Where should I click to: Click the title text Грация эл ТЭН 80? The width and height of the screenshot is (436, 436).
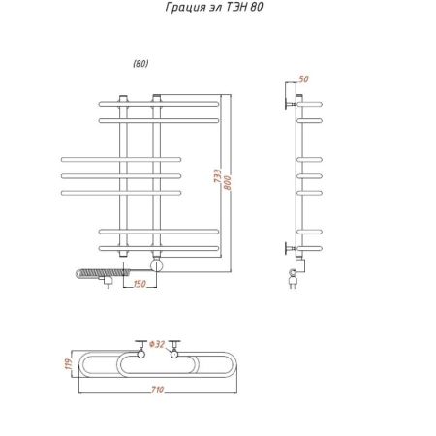point(214,7)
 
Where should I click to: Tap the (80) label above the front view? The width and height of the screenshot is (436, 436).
point(140,64)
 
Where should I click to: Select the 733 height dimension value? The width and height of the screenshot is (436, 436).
point(218,175)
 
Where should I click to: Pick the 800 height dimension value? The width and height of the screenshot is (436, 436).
point(228,182)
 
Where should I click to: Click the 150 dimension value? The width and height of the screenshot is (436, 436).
point(140,284)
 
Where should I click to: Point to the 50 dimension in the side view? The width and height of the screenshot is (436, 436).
point(303,79)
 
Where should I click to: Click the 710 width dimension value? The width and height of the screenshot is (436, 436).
point(158,389)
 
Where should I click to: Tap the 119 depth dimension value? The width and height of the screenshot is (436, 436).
point(69,364)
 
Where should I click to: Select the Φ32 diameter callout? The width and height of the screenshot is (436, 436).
point(157,344)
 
